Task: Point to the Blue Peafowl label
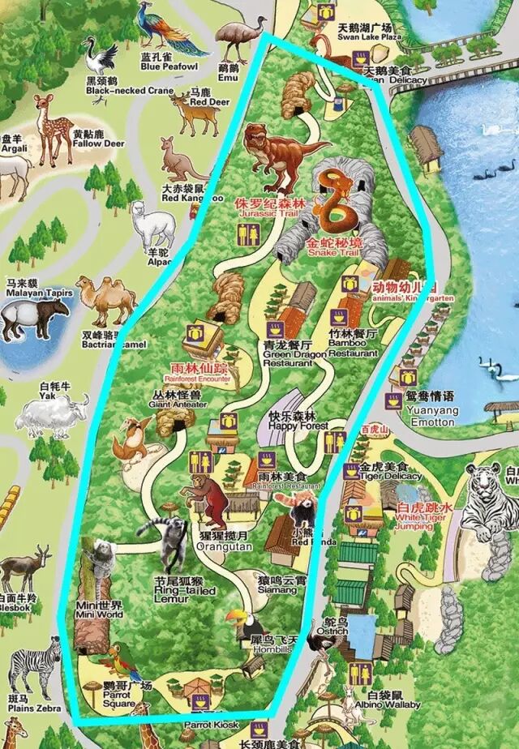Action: tap(169, 62)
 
